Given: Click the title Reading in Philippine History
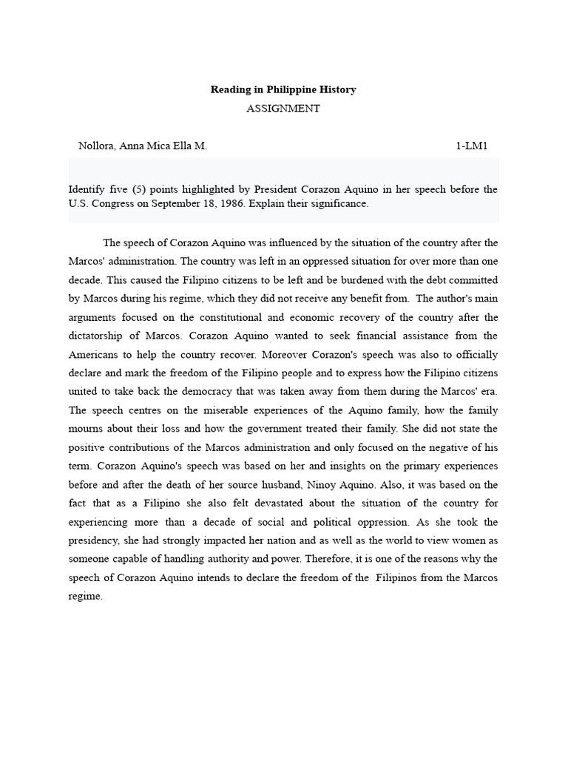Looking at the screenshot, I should (283, 89).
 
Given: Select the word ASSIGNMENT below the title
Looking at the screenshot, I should (283, 108).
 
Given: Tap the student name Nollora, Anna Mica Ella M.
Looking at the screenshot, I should (143, 146).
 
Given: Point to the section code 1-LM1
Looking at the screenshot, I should (472, 146).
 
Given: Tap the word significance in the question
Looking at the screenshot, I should (337, 203).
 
